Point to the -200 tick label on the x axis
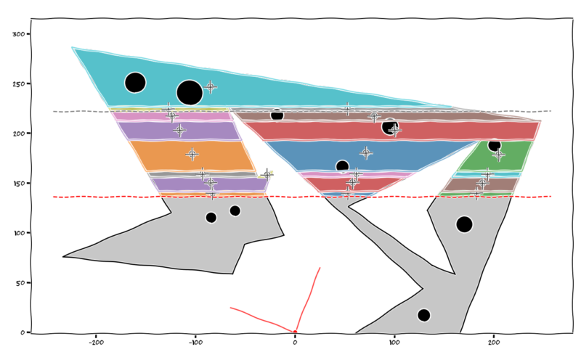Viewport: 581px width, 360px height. tap(96, 340)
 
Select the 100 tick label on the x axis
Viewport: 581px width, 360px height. tap(394, 340)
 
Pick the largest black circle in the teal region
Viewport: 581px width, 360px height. tap(190, 93)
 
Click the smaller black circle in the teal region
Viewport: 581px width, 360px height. tap(135, 83)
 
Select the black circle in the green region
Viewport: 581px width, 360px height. tap(495, 145)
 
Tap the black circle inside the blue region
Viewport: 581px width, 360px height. tap(342, 167)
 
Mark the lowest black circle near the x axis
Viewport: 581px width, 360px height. tap(424, 315)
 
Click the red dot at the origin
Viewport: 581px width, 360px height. tap(295, 332)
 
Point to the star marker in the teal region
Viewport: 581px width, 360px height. tap(211, 87)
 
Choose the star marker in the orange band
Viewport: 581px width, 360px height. tap(192, 154)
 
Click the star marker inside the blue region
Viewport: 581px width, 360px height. tap(366, 152)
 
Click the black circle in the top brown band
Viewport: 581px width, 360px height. tap(277, 115)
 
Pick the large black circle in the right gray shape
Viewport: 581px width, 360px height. tap(465, 224)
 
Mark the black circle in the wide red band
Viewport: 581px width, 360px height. tap(389, 126)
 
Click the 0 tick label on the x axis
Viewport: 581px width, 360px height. tap(295, 340)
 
